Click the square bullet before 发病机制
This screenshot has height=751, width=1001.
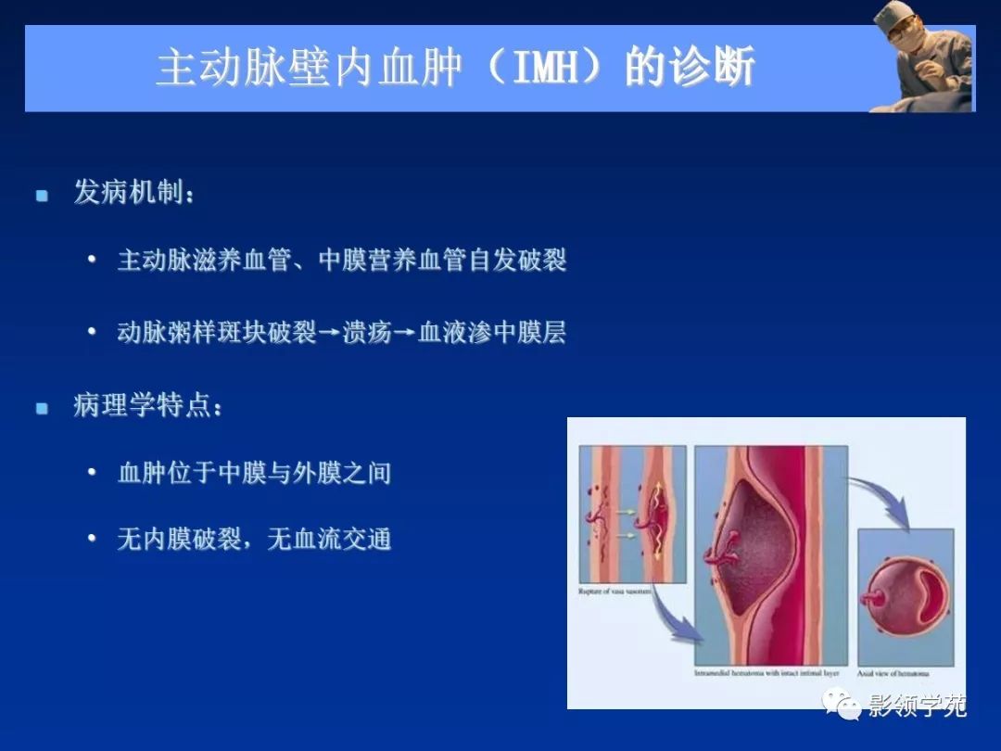[x=42, y=196]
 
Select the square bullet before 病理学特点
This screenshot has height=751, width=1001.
[x=42, y=408]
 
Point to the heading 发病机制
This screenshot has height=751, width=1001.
[x=129, y=194]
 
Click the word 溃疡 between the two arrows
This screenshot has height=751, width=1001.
[x=366, y=332]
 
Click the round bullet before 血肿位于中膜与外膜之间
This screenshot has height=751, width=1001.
[x=92, y=473]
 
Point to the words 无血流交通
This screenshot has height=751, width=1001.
[x=329, y=539]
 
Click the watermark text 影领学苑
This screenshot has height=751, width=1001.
[x=917, y=706]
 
